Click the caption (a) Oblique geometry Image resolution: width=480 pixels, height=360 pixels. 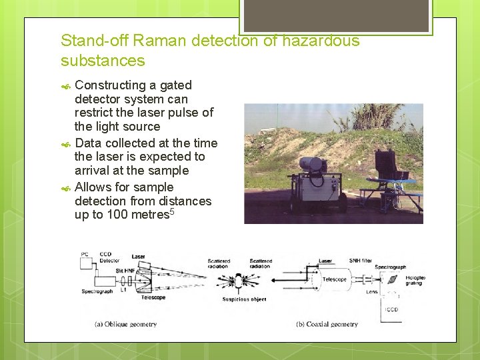tap(126, 325)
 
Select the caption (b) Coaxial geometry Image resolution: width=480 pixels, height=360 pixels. tap(327, 325)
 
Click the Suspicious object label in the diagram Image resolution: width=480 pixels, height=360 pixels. tap(244, 299)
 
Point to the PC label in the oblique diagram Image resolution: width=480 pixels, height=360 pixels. tap(84, 254)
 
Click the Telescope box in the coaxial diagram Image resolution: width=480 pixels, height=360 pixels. tap(333, 280)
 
